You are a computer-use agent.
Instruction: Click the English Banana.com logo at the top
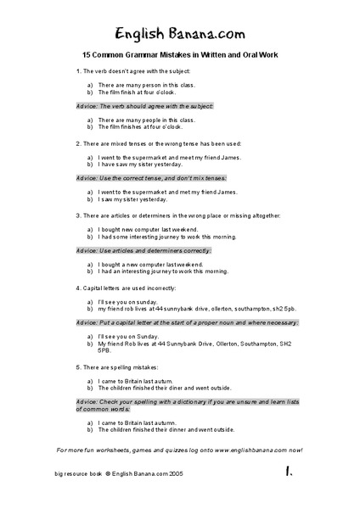tap(180, 32)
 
